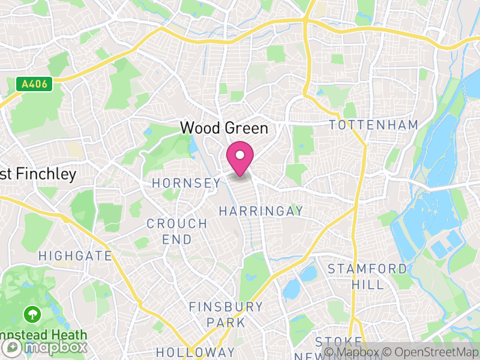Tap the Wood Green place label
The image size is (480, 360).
tap(224, 128)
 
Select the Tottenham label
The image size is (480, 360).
tap(373, 125)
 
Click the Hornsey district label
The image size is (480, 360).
tap(186, 183)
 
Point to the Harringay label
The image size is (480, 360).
tap(261, 211)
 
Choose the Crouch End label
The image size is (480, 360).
tap(177, 232)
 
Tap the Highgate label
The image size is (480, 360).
tap(75, 256)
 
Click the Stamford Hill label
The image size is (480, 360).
tap(367, 276)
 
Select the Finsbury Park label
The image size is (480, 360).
tap(226, 314)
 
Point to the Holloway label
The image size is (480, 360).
tap(195, 352)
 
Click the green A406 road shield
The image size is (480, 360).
tap(34, 85)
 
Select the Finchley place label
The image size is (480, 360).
tap(38, 175)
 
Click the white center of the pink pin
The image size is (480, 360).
tap(240, 155)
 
